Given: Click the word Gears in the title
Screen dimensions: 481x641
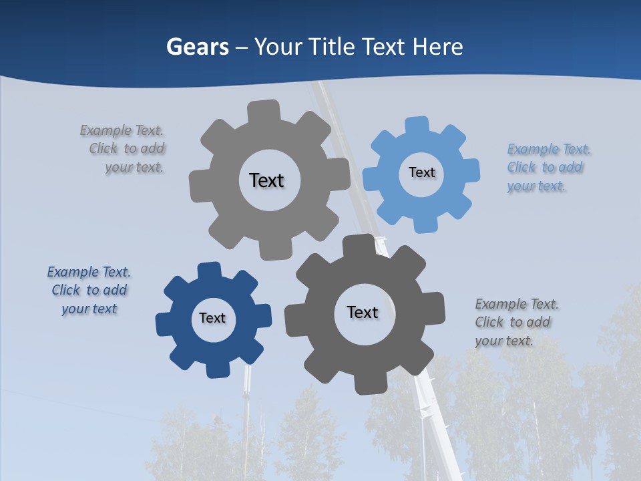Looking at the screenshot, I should tap(197, 47).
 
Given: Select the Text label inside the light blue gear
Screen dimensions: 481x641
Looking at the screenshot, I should tap(421, 172).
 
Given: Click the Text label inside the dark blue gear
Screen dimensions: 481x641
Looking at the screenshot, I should tap(212, 318).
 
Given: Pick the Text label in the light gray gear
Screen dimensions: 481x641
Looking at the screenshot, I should tap(266, 180).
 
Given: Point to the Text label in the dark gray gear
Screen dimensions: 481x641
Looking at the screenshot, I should tap(363, 312).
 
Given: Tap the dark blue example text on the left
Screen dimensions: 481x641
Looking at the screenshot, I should tap(89, 291).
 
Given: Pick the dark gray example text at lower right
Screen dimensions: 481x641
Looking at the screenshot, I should tap(515, 323).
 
